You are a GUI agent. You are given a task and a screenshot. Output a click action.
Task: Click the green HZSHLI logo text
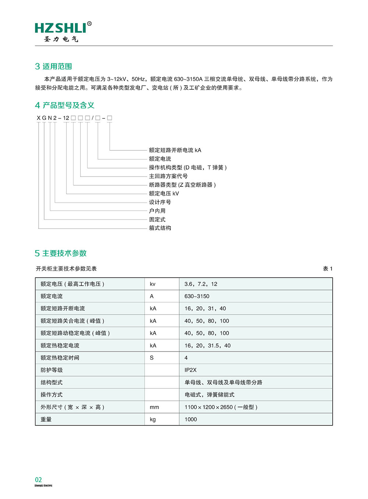coord(61,28)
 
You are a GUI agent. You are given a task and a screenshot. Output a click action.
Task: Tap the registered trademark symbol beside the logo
coord(89,24)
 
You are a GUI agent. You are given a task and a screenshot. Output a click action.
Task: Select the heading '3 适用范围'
coord(53,67)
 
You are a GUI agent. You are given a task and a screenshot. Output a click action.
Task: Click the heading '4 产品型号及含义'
coord(65,106)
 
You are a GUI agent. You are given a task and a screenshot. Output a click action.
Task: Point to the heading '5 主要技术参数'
coord(61,253)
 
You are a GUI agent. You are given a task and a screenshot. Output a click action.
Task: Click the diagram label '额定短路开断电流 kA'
coord(175,150)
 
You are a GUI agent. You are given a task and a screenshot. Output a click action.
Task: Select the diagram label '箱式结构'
coord(160,228)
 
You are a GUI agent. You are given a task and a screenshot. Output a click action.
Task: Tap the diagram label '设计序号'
coord(160,202)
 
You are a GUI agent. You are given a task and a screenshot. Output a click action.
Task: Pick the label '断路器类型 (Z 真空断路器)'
coord(182,185)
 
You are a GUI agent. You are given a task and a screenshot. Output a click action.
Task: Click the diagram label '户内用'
coord(157,211)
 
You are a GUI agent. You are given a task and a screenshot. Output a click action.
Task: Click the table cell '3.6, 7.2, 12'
coord(201,284)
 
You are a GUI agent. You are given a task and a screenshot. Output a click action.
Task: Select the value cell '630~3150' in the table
coord(197,296)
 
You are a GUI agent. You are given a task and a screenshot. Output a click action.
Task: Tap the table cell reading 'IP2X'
coord(191,370)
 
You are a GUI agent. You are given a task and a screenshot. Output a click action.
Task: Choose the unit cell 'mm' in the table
coord(154,407)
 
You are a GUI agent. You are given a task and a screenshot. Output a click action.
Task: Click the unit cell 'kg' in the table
coord(153,419)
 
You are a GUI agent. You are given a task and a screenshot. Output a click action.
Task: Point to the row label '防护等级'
coord(52,370)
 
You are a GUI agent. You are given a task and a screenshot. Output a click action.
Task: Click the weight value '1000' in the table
coord(191,419)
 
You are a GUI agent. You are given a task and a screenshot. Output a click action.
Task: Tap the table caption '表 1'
coord(328,269)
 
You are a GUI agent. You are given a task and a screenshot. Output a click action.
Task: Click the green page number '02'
coord(39,480)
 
